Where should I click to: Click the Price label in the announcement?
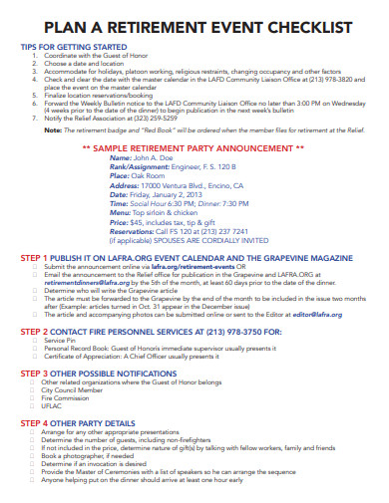[120, 224]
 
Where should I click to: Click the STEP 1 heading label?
[36, 258]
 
